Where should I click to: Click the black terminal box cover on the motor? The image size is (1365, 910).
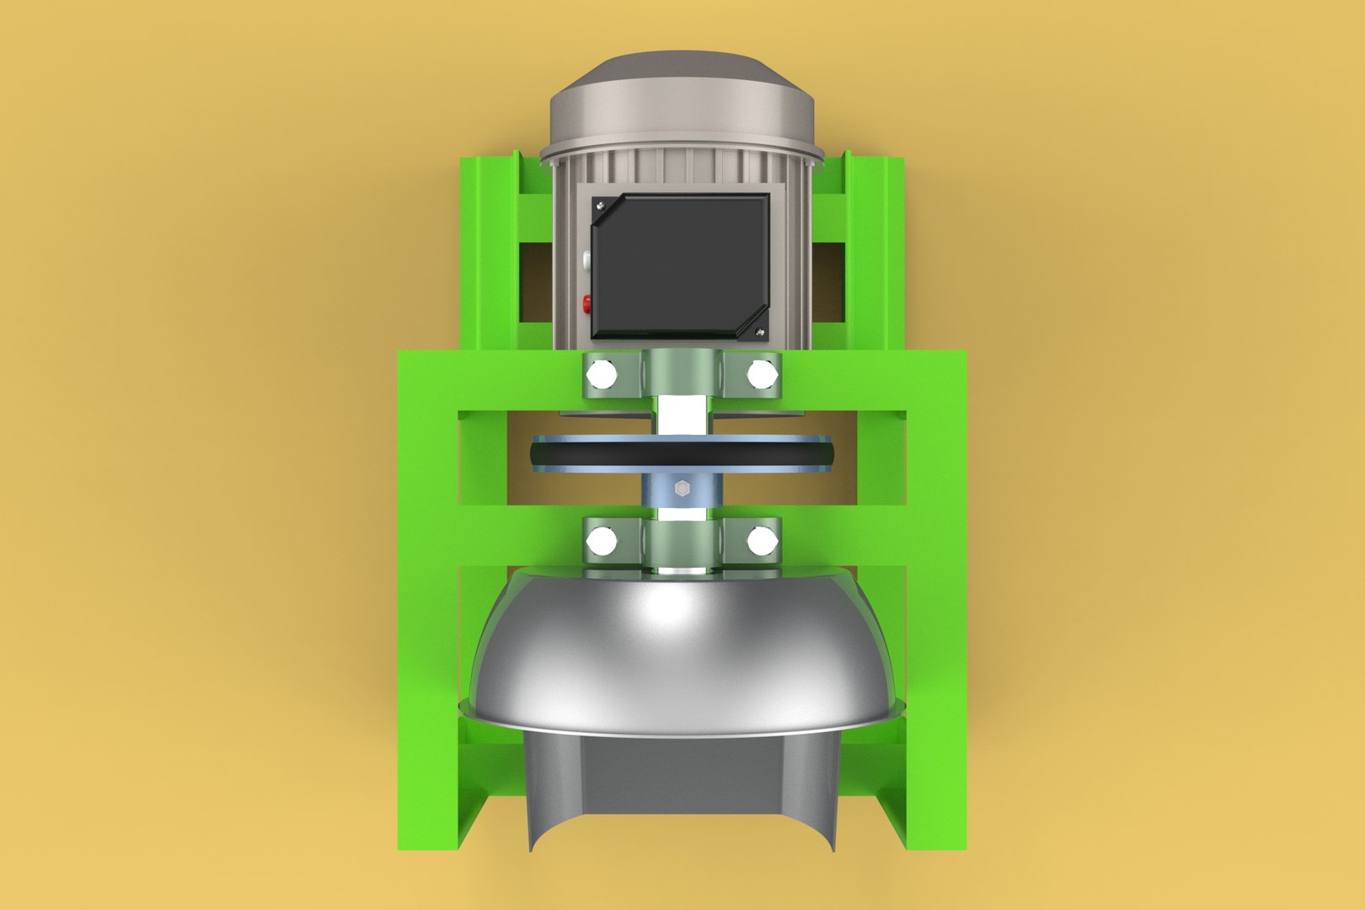(x=680, y=263)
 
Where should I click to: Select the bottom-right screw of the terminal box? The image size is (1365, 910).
(x=760, y=331)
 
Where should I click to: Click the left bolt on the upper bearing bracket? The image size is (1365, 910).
(x=601, y=372)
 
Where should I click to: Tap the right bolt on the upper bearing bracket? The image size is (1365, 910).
(x=761, y=372)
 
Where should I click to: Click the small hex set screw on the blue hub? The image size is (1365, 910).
(x=681, y=487)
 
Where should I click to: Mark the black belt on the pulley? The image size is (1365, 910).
(x=681, y=456)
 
